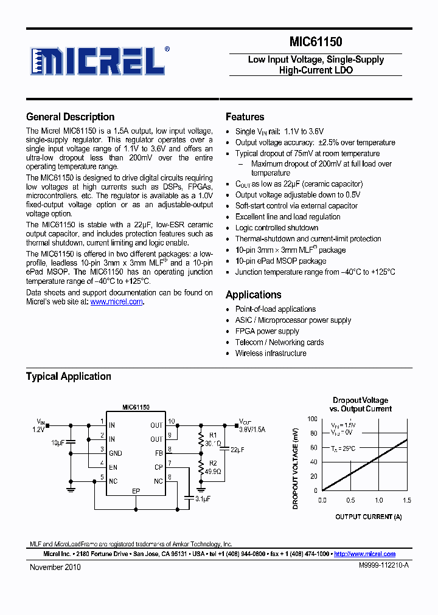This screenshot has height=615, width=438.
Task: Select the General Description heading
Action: point(70,117)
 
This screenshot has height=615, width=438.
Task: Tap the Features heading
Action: point(245,117)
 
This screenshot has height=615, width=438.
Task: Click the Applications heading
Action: point(253,295)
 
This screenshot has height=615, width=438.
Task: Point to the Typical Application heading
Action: point(68,377)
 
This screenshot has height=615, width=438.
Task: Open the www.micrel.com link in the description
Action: point(116,301)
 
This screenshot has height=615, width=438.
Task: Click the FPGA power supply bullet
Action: point(267,331)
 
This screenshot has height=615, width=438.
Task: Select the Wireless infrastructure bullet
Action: point(271,353)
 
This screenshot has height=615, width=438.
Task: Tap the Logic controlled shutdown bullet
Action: point(277,228)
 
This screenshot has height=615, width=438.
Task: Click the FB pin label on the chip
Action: point(158,453)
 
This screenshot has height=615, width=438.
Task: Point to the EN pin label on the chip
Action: point(113,467)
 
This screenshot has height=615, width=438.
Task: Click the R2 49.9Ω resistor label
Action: point(212,468)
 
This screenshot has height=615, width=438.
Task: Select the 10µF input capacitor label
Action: point(57,443)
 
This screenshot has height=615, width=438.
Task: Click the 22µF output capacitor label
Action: point(237,449)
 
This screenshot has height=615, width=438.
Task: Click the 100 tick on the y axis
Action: point(312,419)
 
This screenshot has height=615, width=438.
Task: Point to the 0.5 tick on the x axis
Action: point(350,500)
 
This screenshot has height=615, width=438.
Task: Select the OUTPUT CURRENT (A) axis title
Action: point(368,517)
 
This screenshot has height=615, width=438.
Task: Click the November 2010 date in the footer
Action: point(55,567)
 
